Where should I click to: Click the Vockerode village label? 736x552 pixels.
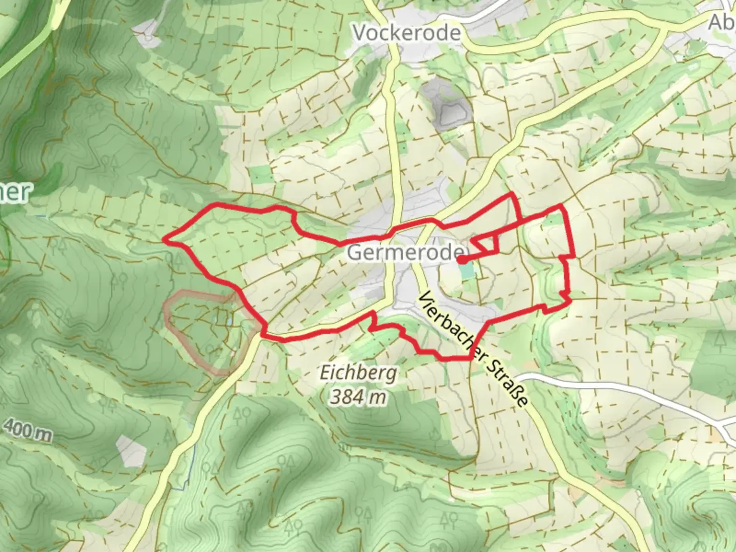[407, 33]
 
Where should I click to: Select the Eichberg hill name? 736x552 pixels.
[358, 373]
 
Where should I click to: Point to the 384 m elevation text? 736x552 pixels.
[358, 396]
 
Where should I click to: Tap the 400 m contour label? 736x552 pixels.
[28, 430]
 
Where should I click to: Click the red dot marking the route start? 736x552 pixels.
[461, 260]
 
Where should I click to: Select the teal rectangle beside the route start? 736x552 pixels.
[466, 271]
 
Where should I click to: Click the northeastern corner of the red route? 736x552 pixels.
[561, 205]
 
